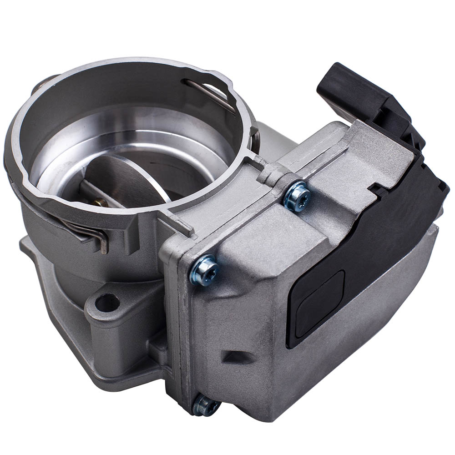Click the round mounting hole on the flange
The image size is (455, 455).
[107, 303]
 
